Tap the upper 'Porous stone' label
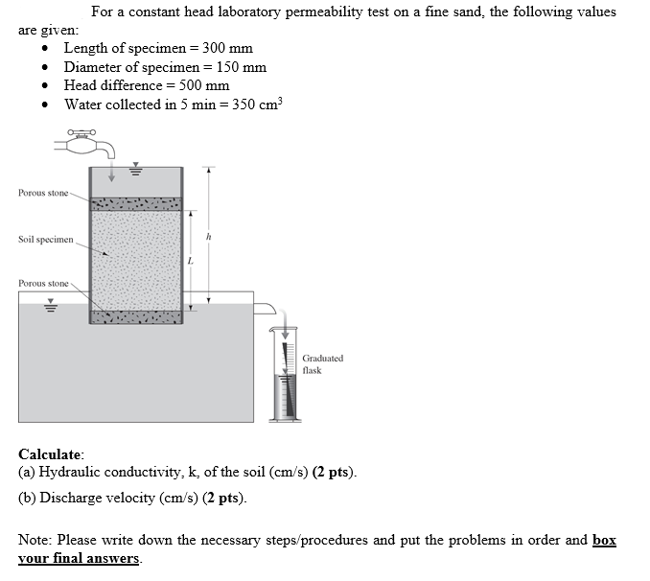pyautogui.click(x=43, y=194)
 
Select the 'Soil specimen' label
pyautogui.click(x=45, y=239)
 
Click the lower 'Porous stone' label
pyautogui.click(x=43, y=284)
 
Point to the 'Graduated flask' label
pyautogui.click(x=322, y=364)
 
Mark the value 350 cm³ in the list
pyautogui.click(x=258, y=104)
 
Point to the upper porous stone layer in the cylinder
pyautogui.click(x=134, y=204)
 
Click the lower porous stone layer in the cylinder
pyautogui.click(x=134, y=316)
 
